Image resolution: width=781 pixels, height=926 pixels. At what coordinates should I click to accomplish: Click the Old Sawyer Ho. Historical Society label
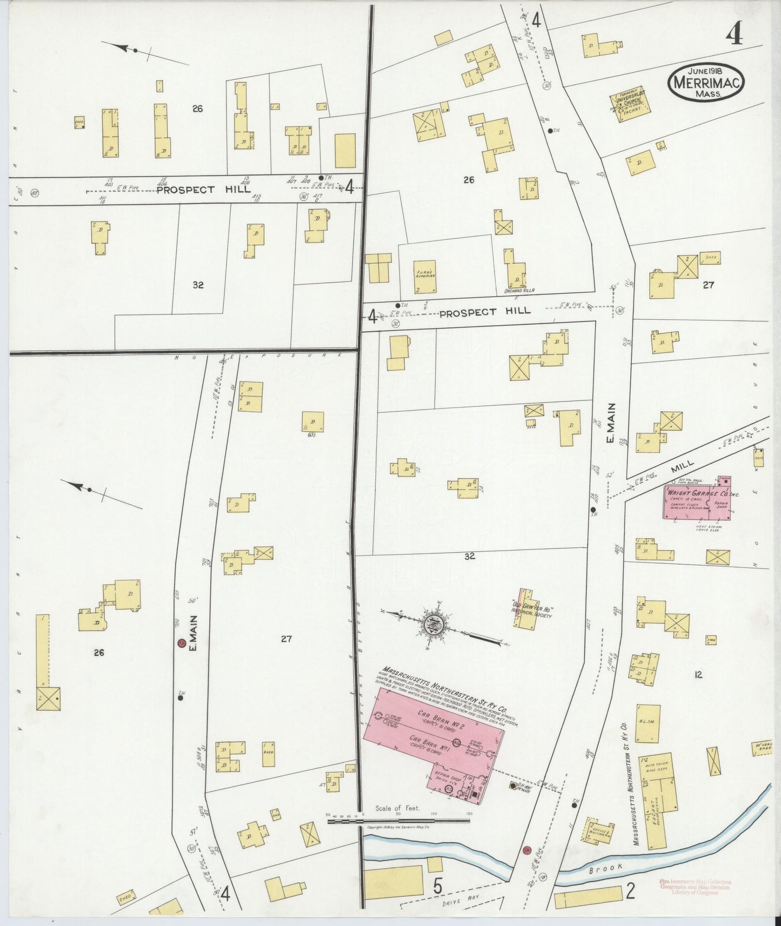(533, 607)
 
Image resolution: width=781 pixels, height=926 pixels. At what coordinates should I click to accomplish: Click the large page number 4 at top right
(733, 35)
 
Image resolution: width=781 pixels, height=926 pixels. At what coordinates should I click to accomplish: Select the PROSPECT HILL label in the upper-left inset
(204, 190)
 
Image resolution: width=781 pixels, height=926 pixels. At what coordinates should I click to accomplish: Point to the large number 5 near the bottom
(437, 887)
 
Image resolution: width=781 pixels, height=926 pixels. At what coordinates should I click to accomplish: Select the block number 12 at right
(698, 675)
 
